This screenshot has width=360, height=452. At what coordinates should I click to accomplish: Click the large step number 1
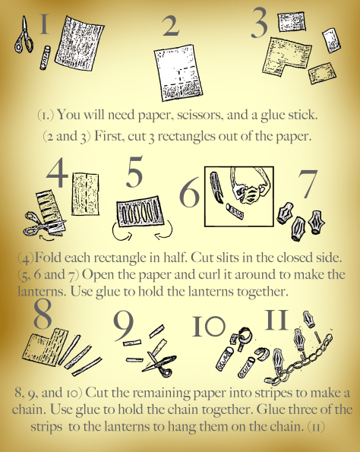pos(44,24)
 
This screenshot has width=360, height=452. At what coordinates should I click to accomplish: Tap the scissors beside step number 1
pos(24,35)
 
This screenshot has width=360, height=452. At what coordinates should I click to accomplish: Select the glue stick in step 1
pos(46,58)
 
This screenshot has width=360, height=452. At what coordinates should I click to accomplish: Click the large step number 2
pos(171,26)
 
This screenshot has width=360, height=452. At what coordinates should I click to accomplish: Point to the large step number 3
pos(259,23)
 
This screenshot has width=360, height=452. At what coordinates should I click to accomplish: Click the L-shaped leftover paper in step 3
pos(286,57)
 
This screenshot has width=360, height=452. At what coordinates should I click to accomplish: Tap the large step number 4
pos(57,172)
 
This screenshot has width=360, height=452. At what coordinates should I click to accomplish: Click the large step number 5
pos(134,171)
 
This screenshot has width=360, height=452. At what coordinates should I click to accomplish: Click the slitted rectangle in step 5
pos(140,212)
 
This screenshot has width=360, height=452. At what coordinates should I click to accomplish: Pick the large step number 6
pos(189,191)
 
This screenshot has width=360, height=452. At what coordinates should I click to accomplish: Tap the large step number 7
pos(308,184)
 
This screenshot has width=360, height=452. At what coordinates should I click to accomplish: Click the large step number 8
pos(43,314)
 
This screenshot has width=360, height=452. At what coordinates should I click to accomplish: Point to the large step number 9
pos(123,326)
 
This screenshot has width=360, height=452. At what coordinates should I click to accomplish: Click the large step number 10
pos(208,326)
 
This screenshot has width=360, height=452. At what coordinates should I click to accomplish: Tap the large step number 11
pos(276,320)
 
